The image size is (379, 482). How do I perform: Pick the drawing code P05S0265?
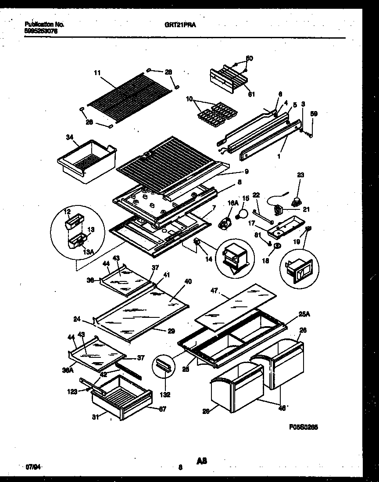304,426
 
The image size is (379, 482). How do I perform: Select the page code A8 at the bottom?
201,461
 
